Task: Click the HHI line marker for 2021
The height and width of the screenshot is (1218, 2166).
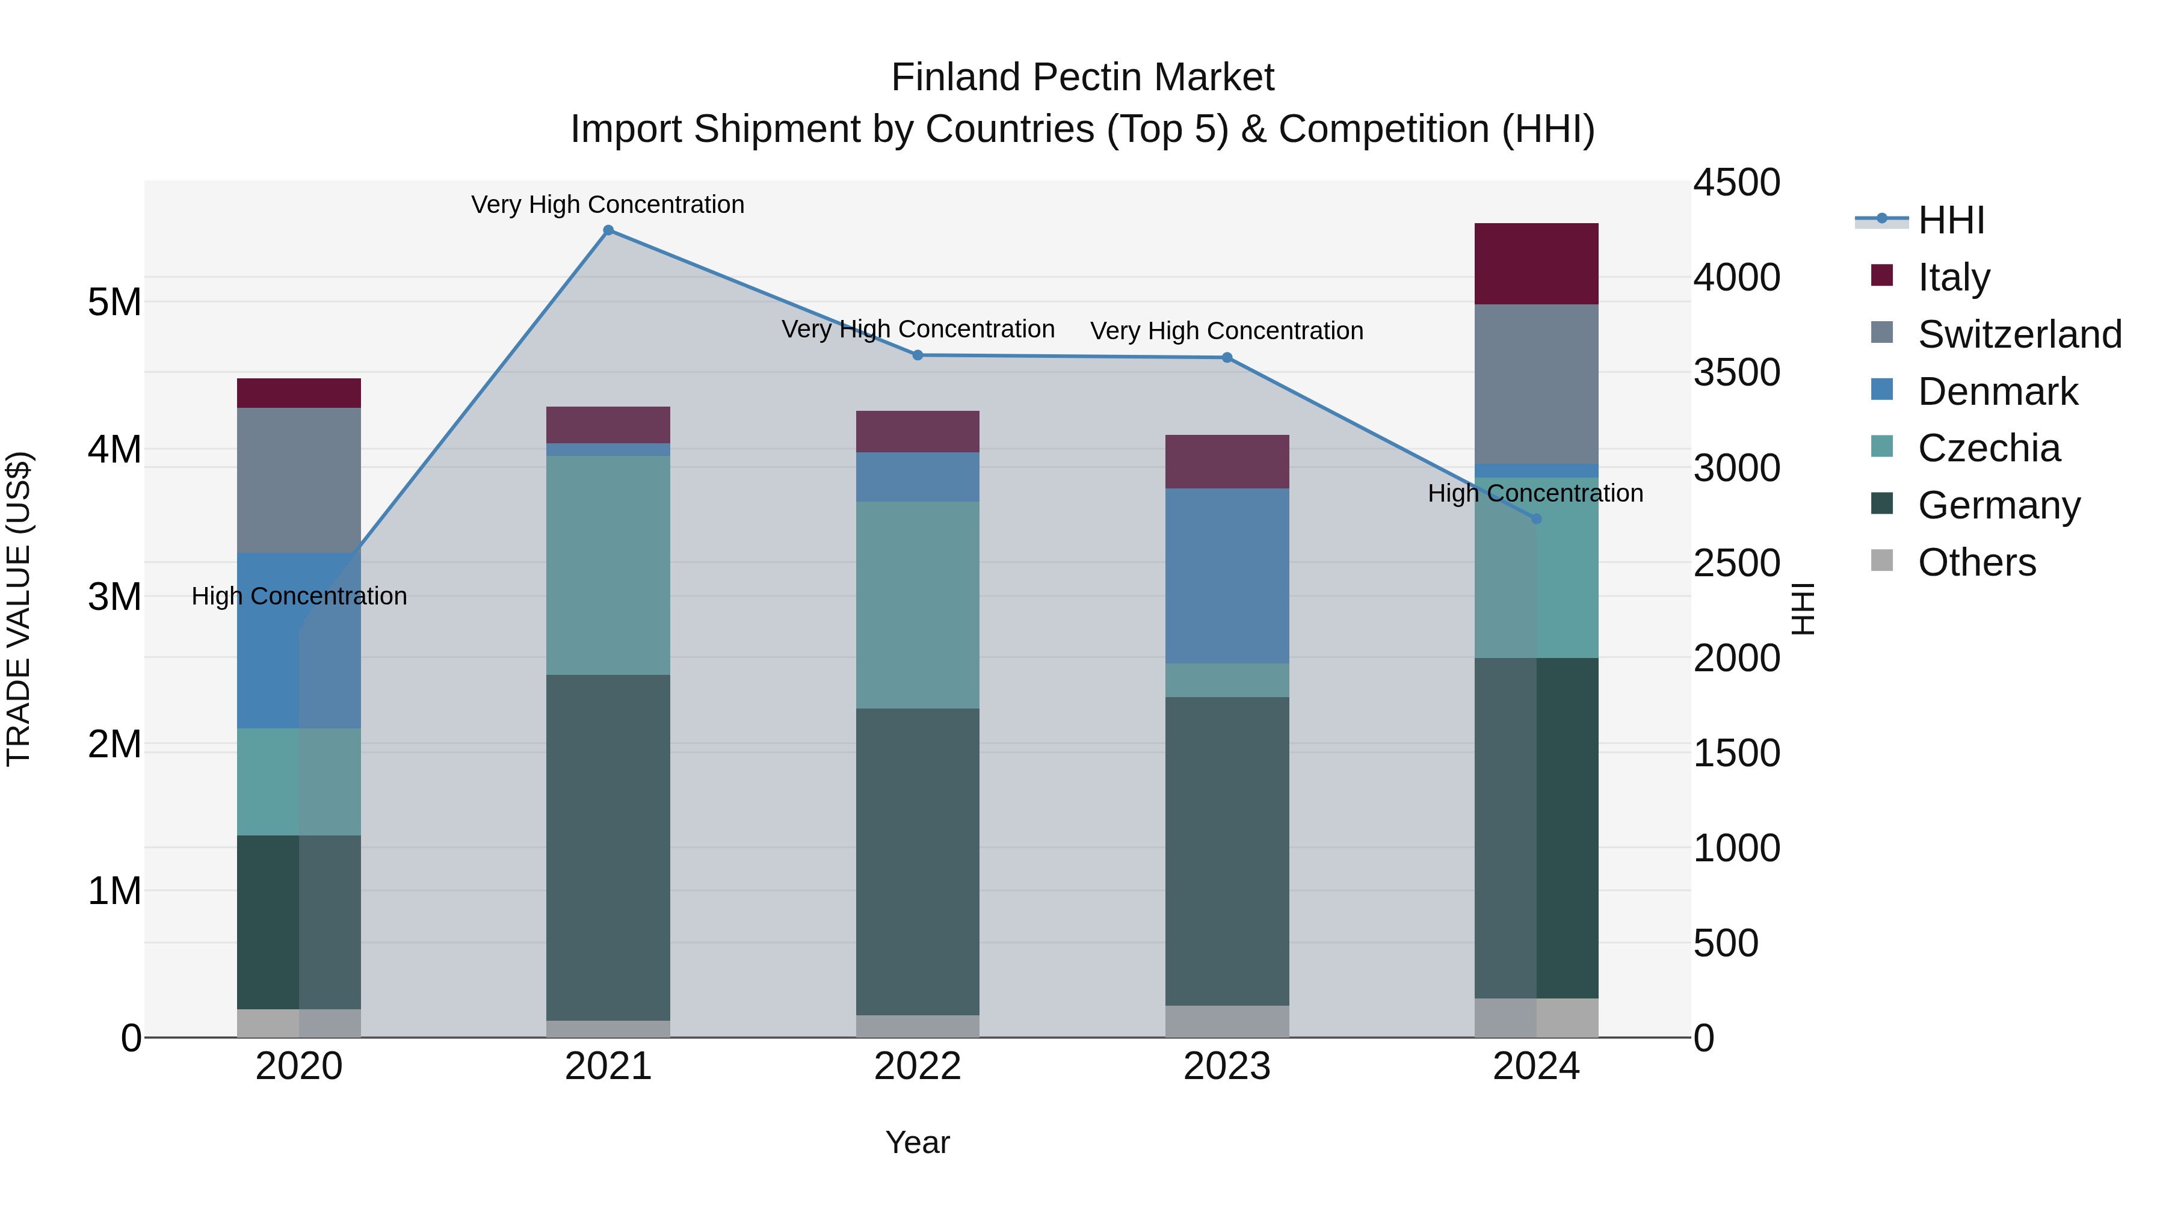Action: click(608, 230)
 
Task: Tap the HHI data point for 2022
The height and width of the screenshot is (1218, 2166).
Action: click(918, 355)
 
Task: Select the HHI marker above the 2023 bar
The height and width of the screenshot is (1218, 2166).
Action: click(1227, 358)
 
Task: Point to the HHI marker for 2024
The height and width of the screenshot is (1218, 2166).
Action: click(1536, 518)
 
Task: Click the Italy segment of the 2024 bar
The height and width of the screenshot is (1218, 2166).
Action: click(1536, 264)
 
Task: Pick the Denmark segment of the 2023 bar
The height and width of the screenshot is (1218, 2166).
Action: click(1227, 576)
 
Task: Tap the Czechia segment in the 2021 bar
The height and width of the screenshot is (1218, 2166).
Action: click(608, 565)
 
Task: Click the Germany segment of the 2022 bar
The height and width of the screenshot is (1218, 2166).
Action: click(918, 861)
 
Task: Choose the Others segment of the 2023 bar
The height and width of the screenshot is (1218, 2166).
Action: click(1227, 1021)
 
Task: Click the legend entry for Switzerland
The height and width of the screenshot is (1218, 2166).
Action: click(2019, 334)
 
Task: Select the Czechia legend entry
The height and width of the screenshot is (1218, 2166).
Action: click(1989, 448)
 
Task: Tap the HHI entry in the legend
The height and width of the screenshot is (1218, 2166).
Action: click(1951, 220)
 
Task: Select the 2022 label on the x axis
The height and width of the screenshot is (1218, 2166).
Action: click(918, 1066)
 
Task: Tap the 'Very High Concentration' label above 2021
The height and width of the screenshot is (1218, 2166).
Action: click(607, 205)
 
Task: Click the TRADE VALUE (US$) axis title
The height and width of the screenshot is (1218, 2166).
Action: click(19, 609)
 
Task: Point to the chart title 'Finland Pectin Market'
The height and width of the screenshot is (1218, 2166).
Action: click(1082, 78)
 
